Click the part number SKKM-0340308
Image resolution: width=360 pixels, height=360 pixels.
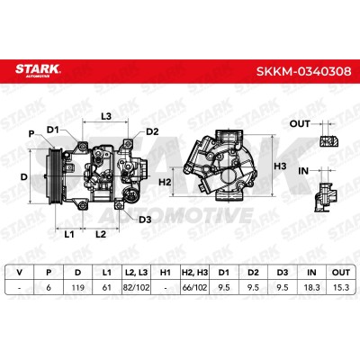[x=303, y=71]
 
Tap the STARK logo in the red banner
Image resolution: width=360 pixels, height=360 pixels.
[x=38, y=70]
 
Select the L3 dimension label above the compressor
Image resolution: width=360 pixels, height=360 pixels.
[x=106, y=116]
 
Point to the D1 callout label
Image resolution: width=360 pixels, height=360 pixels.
[x=53, y=130]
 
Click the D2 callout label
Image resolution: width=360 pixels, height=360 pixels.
[x=152, y=131]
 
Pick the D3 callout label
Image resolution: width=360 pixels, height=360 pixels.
[x=145, y=220]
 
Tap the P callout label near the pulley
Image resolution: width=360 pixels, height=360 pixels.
[x=31, y=134]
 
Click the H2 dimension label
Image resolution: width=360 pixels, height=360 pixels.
[x=165, y=182]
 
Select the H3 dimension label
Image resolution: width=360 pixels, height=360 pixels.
[x=280, y=166]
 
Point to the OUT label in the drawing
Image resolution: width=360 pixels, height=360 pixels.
[x=300, y=123]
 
